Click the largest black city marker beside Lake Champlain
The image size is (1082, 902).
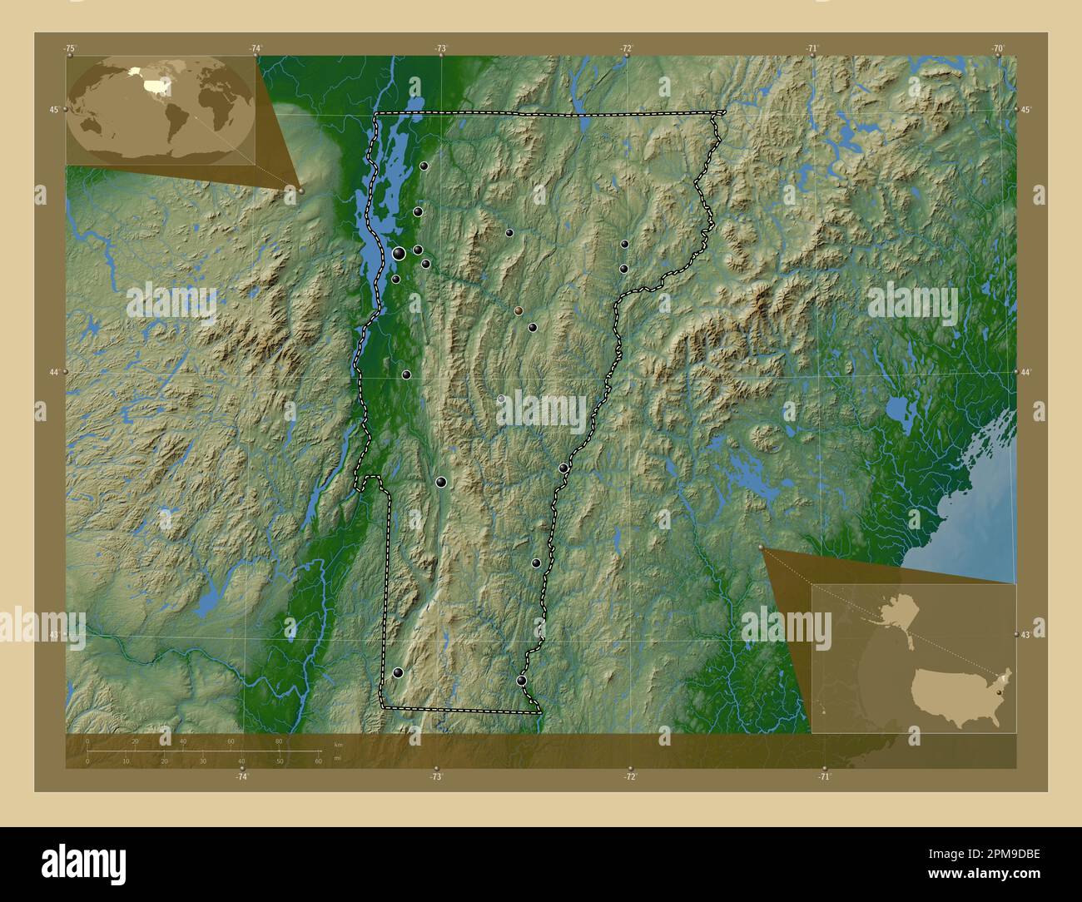tap(400, 253)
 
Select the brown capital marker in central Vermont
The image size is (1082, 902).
tap(519, 310)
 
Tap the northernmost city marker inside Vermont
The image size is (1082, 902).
tap(424, 166)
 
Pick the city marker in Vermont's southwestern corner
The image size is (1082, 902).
tap(398, 672)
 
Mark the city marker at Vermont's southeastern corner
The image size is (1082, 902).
tap(521, 681)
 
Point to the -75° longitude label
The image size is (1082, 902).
tap(71, 48)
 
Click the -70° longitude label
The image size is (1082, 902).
tap(998, 48)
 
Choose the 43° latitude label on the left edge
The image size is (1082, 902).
tap(54, 635)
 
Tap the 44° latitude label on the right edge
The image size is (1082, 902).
tap(1025, 372)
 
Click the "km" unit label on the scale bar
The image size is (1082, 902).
tap(337, 744)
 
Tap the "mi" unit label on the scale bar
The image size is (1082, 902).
tap(337, 759)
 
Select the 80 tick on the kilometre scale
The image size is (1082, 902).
tap(278, 741)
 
